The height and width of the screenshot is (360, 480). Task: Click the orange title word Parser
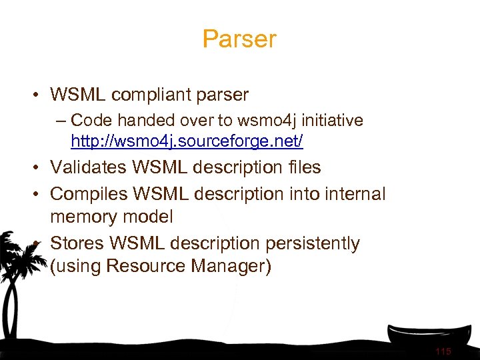239,39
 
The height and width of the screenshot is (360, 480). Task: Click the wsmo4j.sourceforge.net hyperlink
187,141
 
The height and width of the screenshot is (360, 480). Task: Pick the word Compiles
88,194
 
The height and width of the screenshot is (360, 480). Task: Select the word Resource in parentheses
146,266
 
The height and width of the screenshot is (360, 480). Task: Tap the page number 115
443,351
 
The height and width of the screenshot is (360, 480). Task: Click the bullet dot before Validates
33,167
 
